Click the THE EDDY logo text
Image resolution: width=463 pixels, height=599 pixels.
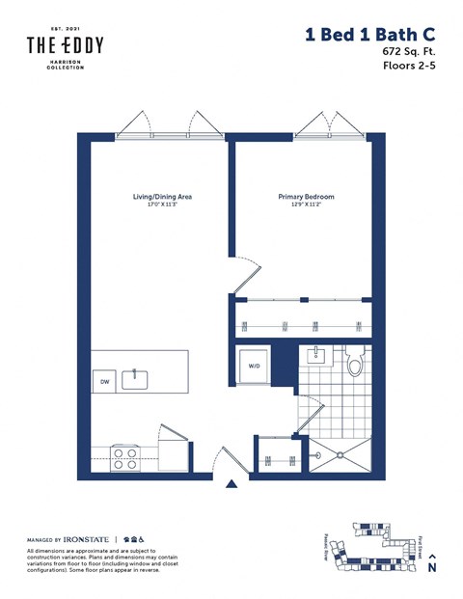click(x=66, y=45)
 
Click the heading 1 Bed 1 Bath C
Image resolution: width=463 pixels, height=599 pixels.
click(x=371, y=35)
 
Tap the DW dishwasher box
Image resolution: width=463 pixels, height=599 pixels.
click(x=104, y=382)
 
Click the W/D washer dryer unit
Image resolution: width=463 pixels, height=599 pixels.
click(x=254, y=366)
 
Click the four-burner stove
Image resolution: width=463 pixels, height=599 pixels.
click(x=124, y=457)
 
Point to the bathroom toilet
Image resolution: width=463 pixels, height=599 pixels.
click(x=354, y=364)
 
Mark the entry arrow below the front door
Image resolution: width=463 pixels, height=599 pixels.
click(x=231, y=485)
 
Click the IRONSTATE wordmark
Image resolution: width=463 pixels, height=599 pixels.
click(x=85, y=538)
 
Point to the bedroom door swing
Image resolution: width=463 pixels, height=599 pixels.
click(x=246, y=274)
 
